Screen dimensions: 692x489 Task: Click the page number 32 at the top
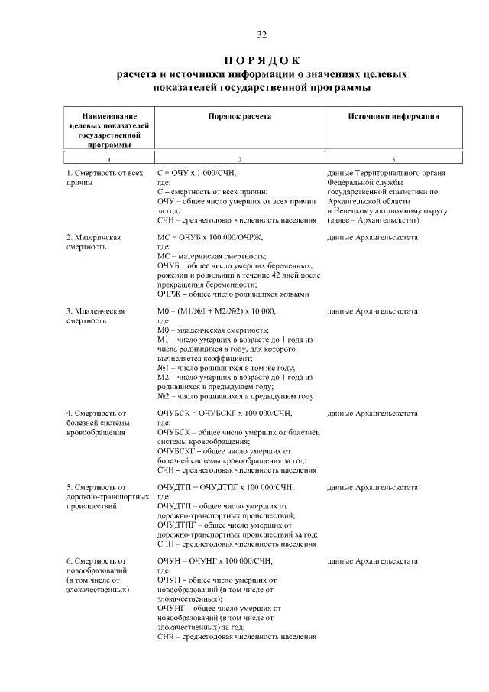tap(261, 35)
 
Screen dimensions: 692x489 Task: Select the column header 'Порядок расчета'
tap(239, 116)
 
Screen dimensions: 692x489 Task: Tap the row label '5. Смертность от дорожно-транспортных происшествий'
tap(106, 496)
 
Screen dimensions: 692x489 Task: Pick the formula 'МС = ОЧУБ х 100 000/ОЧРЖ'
tap(216, 238)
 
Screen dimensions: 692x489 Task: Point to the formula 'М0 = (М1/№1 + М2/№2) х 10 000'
tap(217, 311)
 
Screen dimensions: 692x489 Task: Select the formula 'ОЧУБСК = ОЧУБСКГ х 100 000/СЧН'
tap(227, 414)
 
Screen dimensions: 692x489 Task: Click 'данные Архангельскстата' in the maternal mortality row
tap(372, 238)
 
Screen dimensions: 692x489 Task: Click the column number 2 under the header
tap(239, 159)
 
